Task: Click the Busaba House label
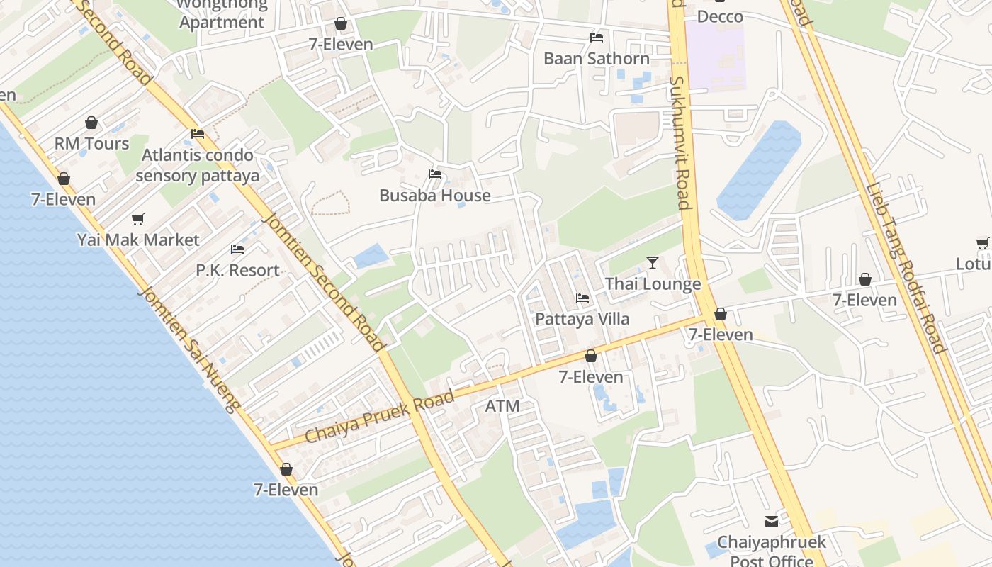pyautogui.click(x=435, y=196)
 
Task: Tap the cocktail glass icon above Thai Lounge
pyautogui.click(x=653, y=264)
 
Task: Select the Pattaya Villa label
pyautogui.click(x=582, y=319)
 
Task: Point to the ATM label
pyautogui.click(x=502, y=407)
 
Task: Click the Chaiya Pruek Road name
pyautogui.click(x=379, y=417)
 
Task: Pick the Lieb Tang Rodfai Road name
pyautogui.click(x=906, y=269)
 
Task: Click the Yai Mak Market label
pyautogui.click(x=139, y=240)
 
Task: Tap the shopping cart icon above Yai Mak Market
pyautogui.click(x=138, y=220)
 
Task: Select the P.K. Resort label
pyautogui.click(x=238, y=271)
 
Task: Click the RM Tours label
pyautogui.click(x=92, y=144)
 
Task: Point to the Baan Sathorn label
pyautogui.click(x=597, y=59)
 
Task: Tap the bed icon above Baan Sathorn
pyautogui.click(x=597, y=38)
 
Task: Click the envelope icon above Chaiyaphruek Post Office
pyautogui.click(x=772, y=522)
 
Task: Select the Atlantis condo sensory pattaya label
pyautogui.click(x=198, y=165)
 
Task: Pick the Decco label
pyautogui.click(x=721, y=16)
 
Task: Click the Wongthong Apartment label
pyautogui.click(x=222, y=14)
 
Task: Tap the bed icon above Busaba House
pyautogui.click(x=435, y=174)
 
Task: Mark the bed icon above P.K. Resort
pyautogui.click(x=237, y=249)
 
